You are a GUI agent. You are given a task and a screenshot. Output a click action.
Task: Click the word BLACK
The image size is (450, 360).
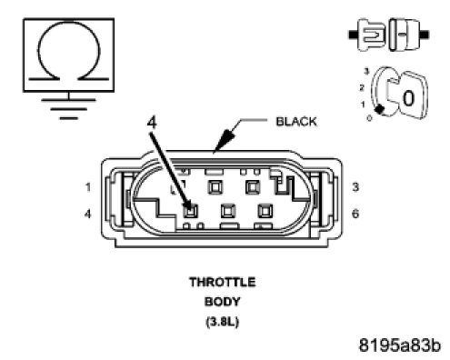[x=296, y=122]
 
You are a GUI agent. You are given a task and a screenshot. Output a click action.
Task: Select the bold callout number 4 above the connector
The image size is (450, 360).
[x=152, y=123]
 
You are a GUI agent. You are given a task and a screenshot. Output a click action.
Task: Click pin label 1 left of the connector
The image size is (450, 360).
[x=88, y=187]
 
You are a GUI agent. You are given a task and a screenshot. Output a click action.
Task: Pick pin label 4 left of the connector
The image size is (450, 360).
[x=87, y=215]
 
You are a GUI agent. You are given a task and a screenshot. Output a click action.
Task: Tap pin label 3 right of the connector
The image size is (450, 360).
[x=355, y=187]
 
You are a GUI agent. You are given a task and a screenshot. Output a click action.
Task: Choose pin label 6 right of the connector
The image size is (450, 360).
[x=355, y=214]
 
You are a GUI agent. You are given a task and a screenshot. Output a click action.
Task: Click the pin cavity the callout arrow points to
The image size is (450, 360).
[x=190, y=211]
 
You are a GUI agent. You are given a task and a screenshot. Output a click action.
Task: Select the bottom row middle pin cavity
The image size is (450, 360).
[x=228, y=211]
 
